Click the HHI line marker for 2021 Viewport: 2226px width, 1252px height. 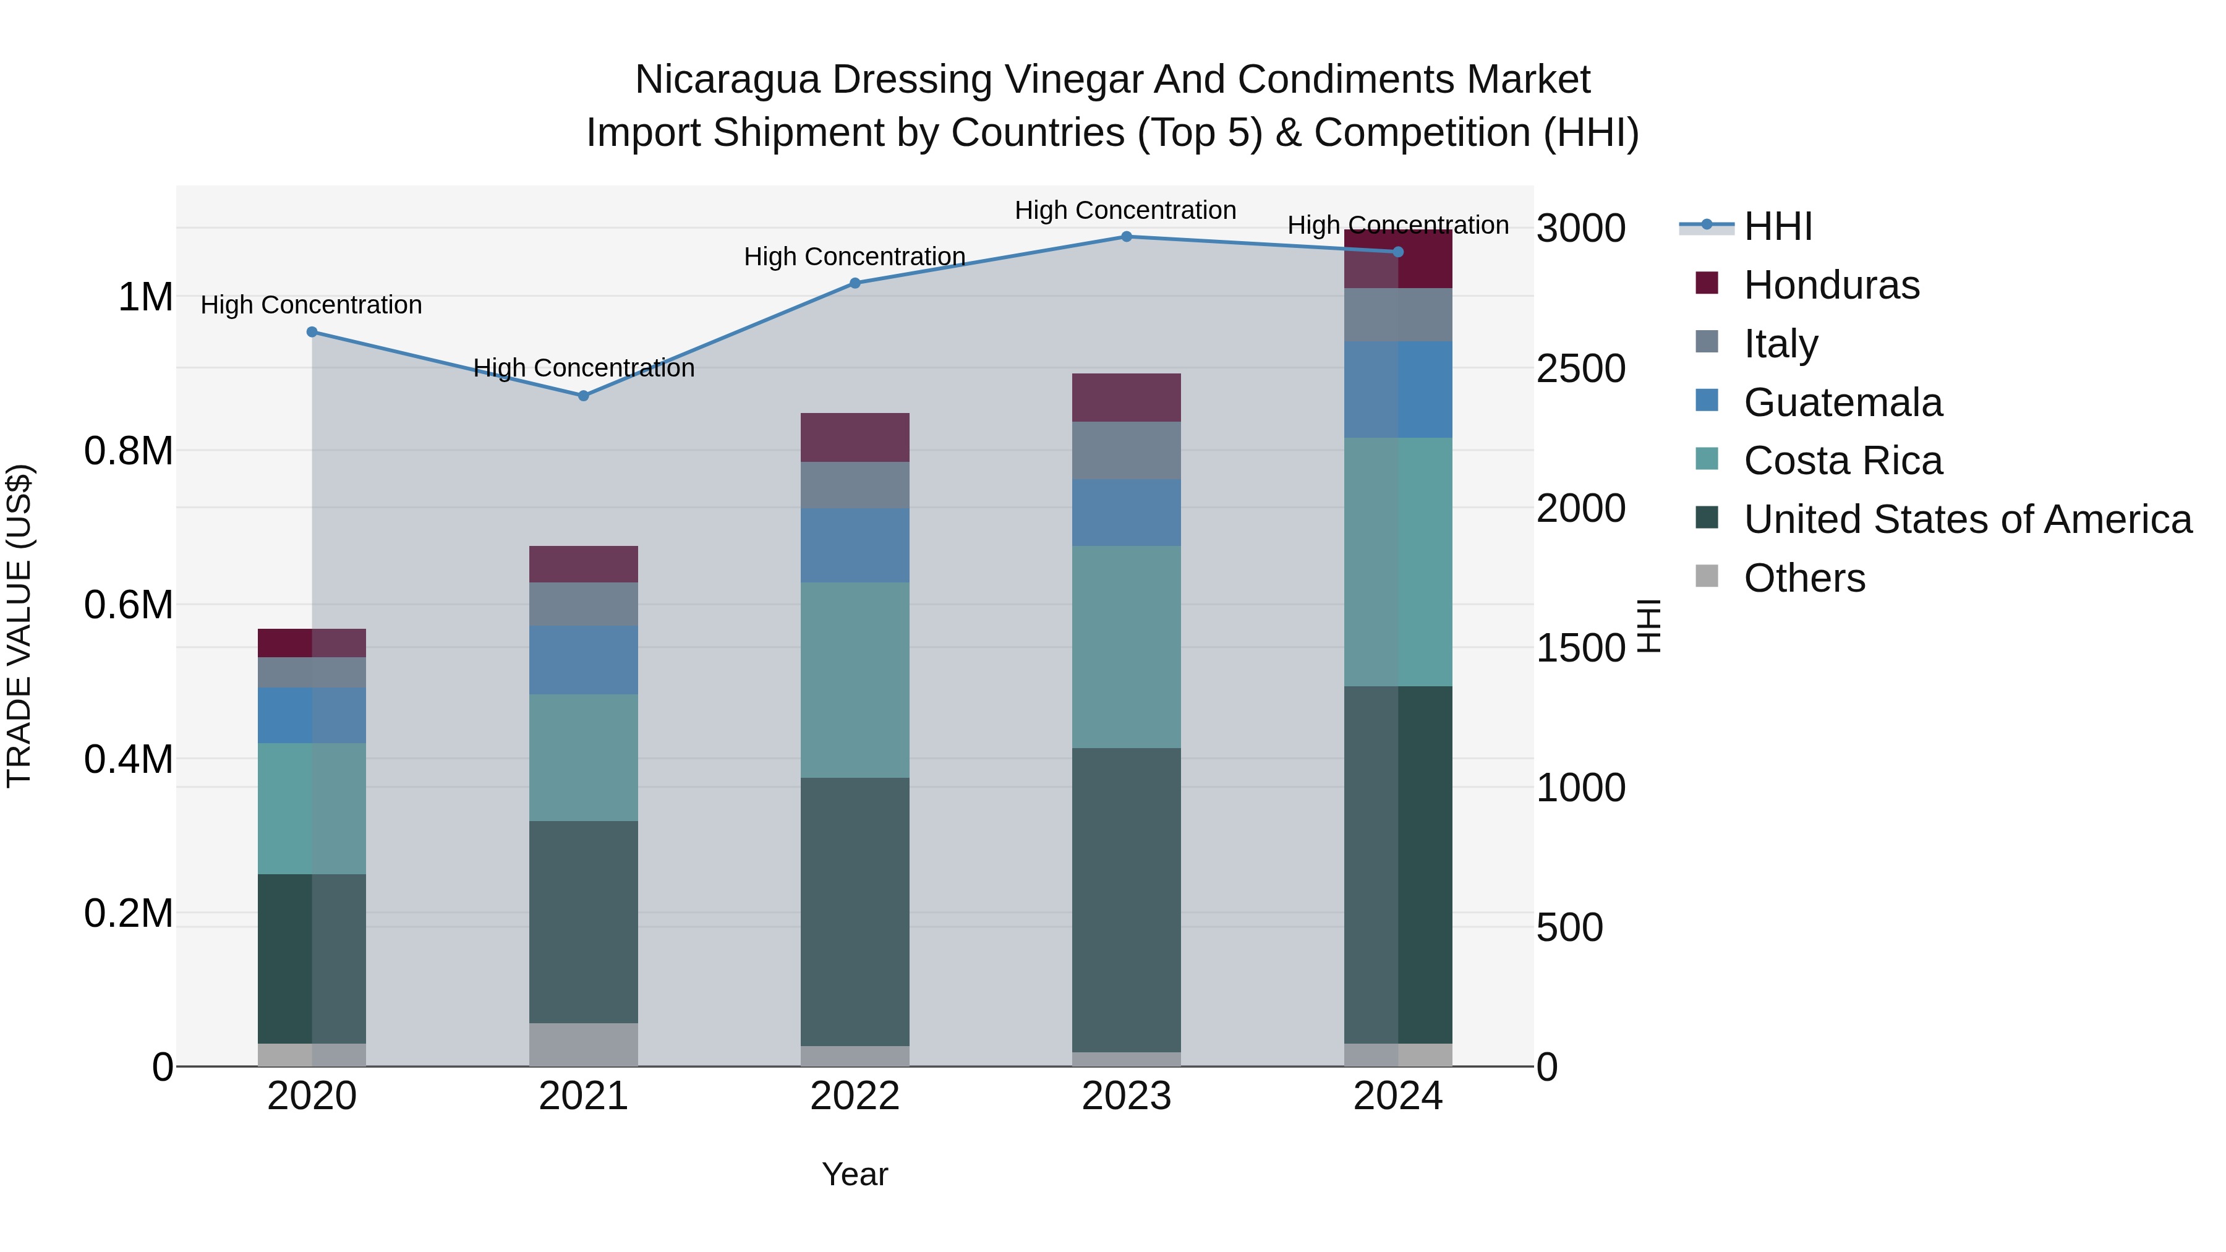(583, 396)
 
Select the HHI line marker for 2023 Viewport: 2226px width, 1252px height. (1126, 237)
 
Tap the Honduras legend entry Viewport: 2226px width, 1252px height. (1830, 285)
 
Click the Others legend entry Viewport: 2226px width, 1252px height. (1804, 578)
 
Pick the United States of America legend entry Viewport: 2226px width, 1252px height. (1967, 519)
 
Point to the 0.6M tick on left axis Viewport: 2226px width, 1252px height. (128, 605)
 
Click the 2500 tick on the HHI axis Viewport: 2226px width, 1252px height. (1580, 369)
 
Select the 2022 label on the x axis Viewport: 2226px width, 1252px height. (855, 1096)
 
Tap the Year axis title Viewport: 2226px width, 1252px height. (855, 1174)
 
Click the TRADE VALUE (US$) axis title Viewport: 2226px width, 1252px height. (19, 626)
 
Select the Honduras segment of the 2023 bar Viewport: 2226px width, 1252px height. (1126, 398)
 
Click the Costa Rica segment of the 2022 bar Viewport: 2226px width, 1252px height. (855, 680)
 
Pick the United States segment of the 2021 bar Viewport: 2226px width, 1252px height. (583, 922)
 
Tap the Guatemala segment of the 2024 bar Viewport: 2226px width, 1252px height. (1397, 390)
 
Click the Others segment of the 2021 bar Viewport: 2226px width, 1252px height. (583, 1045)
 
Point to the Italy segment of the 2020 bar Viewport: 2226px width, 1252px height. (312, 672)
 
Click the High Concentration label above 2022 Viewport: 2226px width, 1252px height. (854, 257)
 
